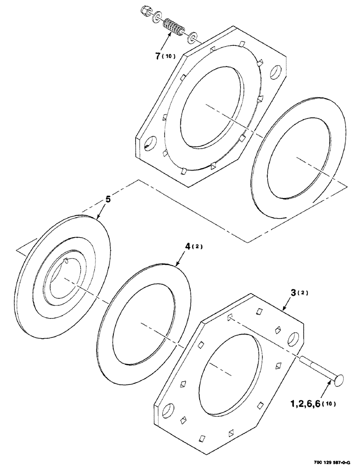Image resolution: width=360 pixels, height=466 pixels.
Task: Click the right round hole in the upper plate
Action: point(277,71)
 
